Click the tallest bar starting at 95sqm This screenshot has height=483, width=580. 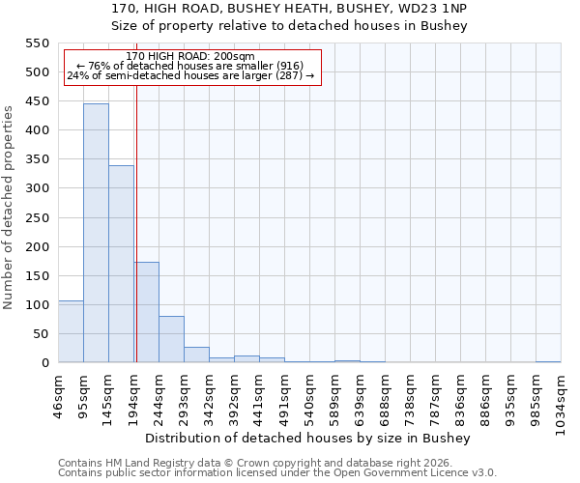click(96, 233)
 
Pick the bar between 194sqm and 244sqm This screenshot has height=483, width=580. click(147, 312)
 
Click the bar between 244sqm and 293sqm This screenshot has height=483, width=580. click(171, 339)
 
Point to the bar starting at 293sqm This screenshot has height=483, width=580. click(196, 355)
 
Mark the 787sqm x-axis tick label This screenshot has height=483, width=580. click(436, 399)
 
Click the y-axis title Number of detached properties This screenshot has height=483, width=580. click(9, 208)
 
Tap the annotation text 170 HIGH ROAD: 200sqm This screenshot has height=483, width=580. click(190, 57)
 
